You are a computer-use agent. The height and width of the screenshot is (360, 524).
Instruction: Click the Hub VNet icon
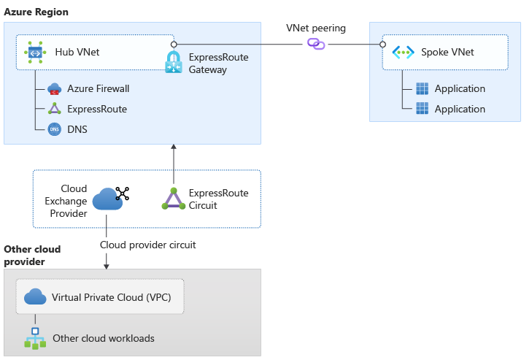[x=34, y=52]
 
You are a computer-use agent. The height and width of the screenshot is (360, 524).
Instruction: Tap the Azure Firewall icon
[x=55, y=88]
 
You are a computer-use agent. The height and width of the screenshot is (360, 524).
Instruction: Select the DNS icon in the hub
[x=55, y=129]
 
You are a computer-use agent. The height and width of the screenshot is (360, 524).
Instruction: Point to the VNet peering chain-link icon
[x=316, y=44]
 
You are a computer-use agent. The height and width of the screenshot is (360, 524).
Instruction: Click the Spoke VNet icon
[x=403, y=52]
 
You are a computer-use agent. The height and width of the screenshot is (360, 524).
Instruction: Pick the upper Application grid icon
[x=422, y=88]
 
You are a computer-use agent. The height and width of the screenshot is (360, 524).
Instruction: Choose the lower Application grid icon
[x=422, y=109]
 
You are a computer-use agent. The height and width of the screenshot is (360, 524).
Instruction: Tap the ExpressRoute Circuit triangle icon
[x=173, y=199]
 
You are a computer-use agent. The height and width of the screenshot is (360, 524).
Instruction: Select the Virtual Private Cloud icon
[x=35, y=297]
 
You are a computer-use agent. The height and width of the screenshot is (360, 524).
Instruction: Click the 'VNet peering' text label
[x=315, y=28]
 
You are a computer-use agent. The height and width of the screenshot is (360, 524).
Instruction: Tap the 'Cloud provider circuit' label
[x=147, y=245]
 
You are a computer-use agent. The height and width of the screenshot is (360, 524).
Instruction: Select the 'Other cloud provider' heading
[x=32, y=256]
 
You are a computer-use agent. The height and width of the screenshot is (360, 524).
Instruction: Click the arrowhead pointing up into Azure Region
[x=174, y=148]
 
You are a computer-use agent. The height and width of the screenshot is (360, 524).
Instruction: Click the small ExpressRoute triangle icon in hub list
[x=55, y=109]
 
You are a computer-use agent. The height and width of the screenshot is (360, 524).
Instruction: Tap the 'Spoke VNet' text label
[x=447, y=52]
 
